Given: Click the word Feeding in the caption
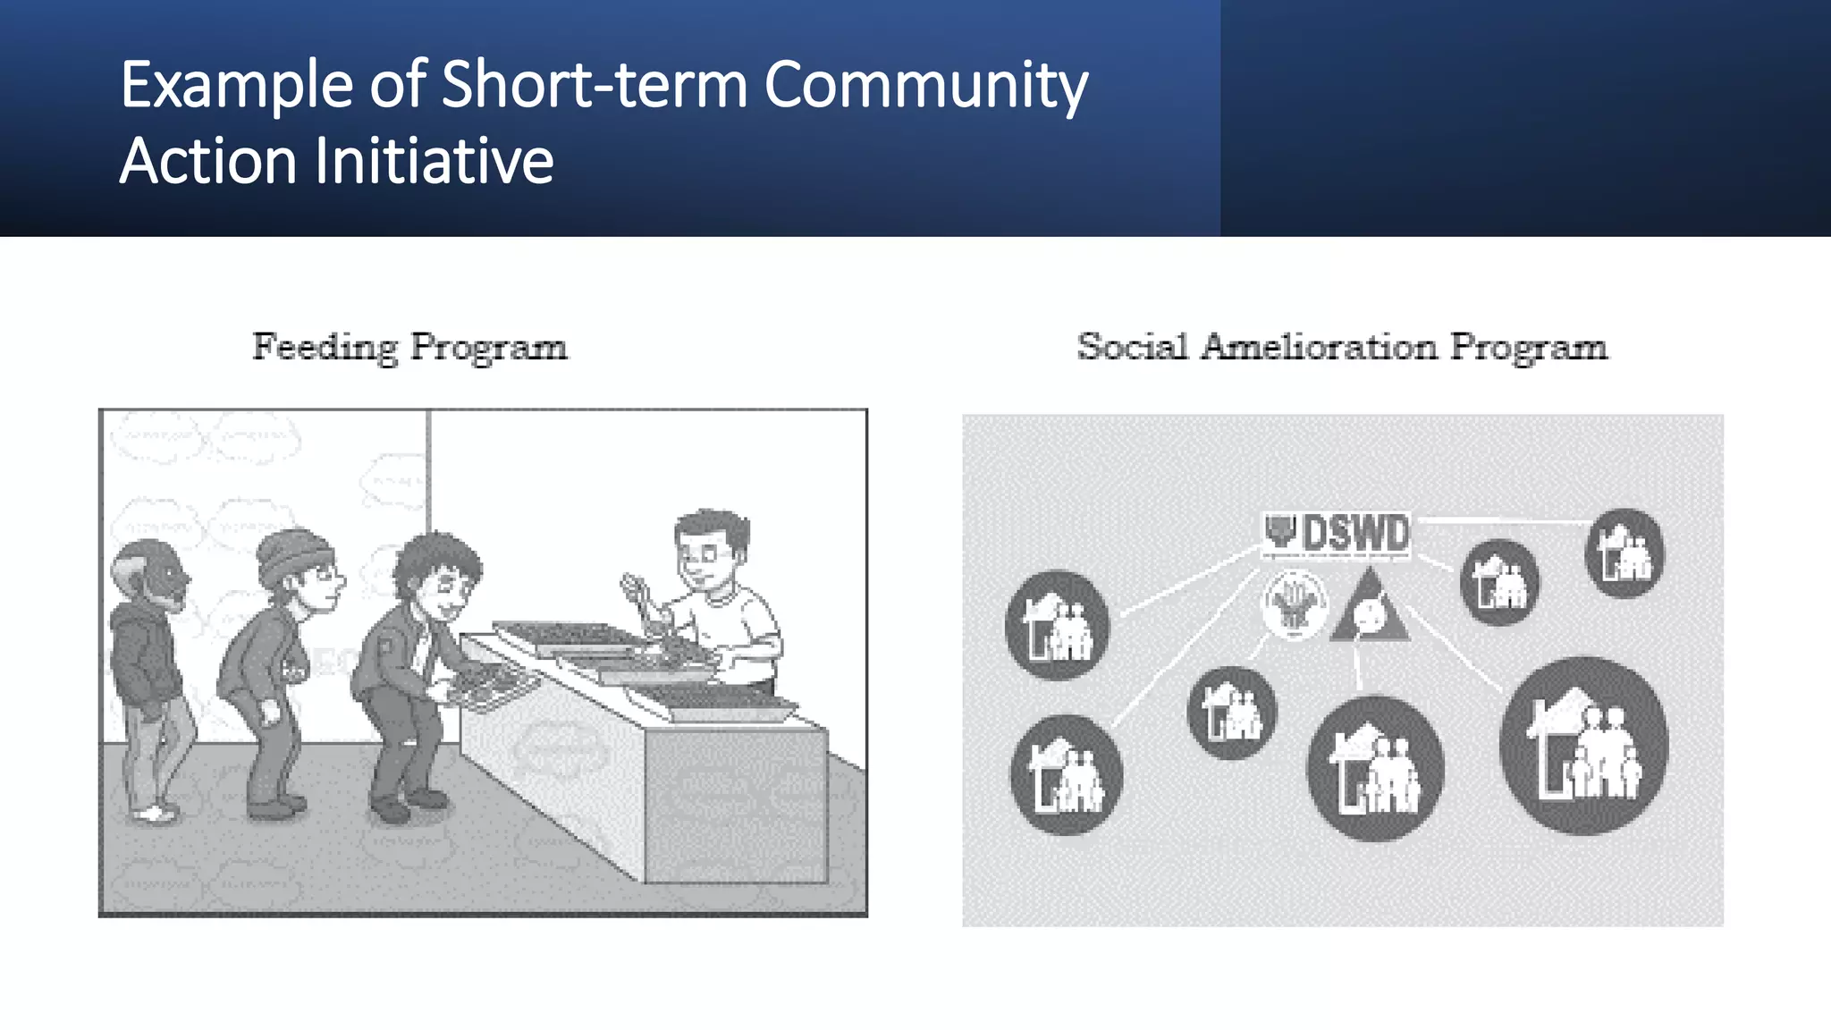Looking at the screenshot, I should pos(325,347).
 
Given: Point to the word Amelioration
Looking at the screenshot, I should pos(1319,347).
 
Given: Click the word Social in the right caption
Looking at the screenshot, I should pos(1132,347).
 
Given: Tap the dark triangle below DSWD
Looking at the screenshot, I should pos(1369,612).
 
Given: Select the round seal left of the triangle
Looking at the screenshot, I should pos(1294,605).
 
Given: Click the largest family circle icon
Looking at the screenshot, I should pos(1583,745).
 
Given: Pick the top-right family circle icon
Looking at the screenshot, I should pos(1624,553).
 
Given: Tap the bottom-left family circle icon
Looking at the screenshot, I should pos(1065,775).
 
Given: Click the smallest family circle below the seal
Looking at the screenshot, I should pos(1231,713).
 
